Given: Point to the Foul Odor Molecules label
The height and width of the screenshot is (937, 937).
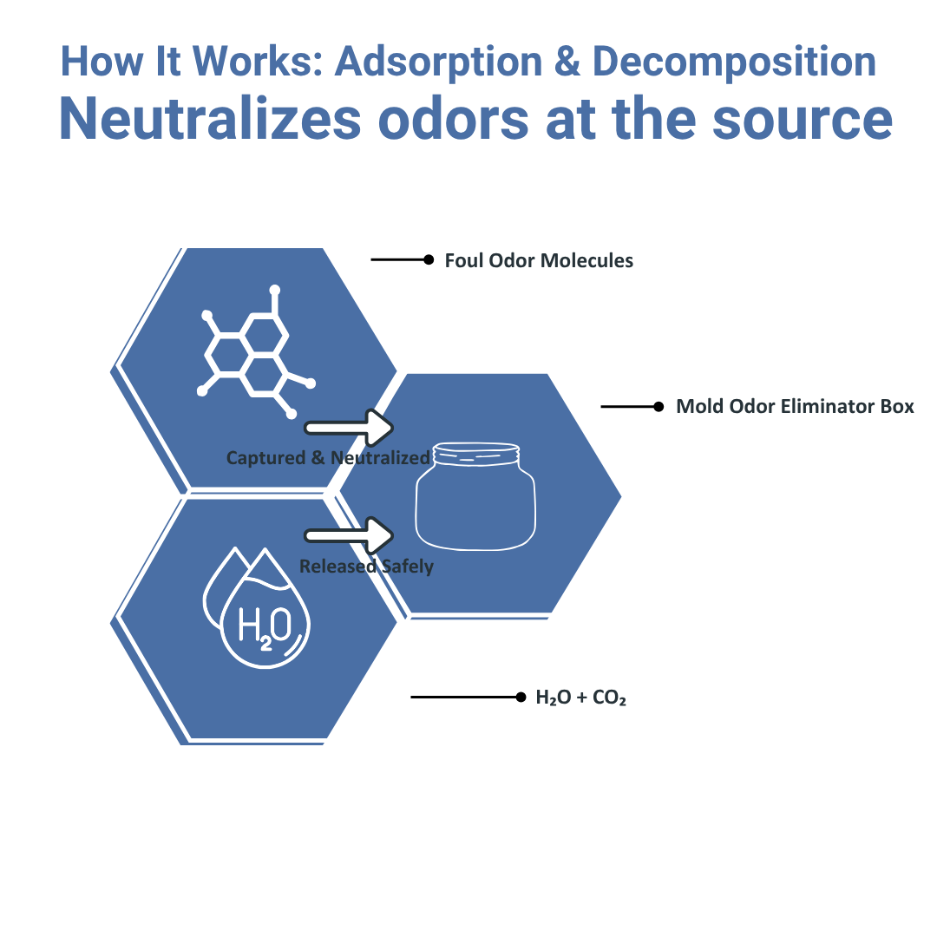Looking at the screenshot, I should pos(539,260).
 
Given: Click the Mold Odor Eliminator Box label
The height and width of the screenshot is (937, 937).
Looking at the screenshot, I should pos(795,406).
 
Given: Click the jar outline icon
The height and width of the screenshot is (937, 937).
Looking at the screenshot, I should pos(475,498).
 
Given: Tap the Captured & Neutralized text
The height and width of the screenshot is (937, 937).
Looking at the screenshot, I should pos(328,457).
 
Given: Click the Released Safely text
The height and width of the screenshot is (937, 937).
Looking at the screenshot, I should pos(366,567).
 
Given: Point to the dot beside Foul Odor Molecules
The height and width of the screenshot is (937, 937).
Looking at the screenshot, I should pos(429,259).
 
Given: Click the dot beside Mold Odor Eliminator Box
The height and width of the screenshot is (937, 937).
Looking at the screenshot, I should pos(659,406).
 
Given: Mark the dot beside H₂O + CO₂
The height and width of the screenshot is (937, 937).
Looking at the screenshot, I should pos(521,697).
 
